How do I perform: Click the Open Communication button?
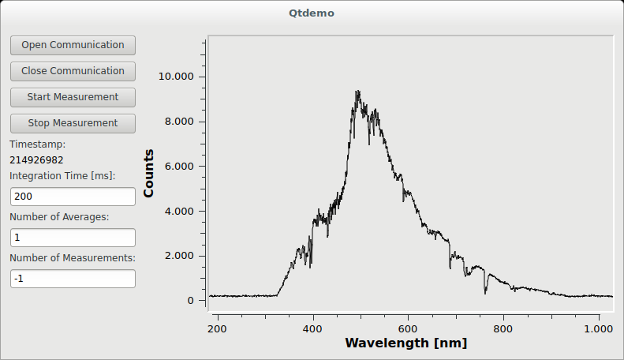[73, 45]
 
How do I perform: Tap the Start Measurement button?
[73, 97]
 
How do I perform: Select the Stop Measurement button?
[73, 123]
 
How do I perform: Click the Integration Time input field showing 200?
[73, 197]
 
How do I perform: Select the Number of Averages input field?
[73, 238]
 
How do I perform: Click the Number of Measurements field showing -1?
[73, 279]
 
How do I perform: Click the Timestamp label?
[37, 144]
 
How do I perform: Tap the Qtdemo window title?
[312, 13]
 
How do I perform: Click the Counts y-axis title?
[149, 173]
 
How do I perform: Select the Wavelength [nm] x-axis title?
[405, 343]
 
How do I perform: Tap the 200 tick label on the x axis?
[218, 328]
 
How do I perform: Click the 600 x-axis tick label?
[408, 328]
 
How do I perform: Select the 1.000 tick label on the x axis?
[599, 328]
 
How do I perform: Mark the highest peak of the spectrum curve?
[357, 92]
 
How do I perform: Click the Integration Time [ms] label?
[62, 175]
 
